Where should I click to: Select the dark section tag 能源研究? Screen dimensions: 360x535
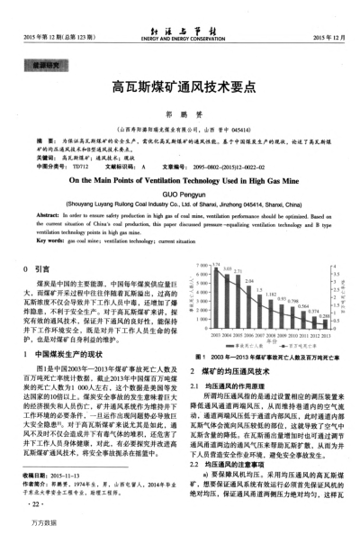click(x=47, y=64)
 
